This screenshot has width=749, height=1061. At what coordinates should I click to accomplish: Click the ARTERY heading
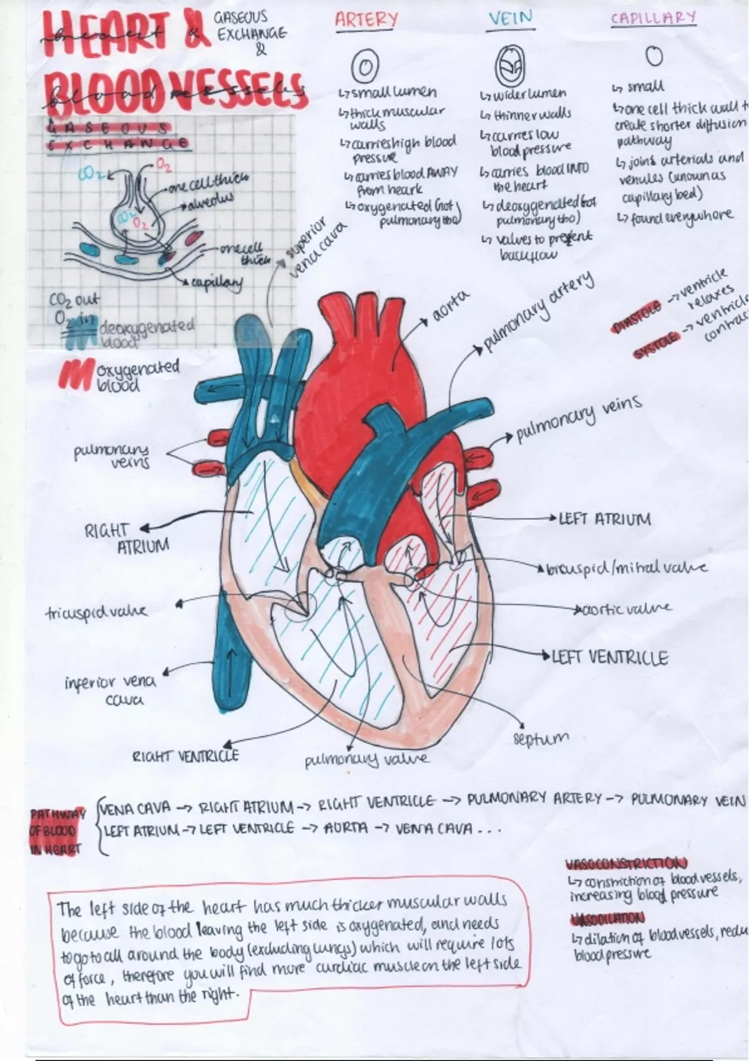click(366, 20)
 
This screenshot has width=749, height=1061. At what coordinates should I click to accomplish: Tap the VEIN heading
click(511, 19)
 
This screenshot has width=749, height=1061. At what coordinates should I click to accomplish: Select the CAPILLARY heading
click(653, 17)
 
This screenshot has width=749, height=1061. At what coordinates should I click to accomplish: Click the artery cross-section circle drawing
click(366, 64)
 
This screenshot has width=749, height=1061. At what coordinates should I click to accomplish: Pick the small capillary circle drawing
click(653, 57)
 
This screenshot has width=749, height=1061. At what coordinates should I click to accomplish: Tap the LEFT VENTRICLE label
click(610, 658)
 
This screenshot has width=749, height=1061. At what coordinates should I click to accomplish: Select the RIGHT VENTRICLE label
click(185, 756)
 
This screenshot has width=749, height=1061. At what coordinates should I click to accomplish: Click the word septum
click(541, 739)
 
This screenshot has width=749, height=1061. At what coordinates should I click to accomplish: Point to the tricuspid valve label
click(97, 612)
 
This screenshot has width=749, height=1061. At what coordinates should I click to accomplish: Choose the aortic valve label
click(625, 608)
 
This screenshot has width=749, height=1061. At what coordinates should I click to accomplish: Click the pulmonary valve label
click(366, 760)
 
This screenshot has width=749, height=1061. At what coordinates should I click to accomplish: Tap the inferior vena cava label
click(110, 691)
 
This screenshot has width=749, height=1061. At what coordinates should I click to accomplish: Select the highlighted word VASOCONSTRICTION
click(627, 864)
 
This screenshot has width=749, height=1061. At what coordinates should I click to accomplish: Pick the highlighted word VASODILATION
click(607, 919)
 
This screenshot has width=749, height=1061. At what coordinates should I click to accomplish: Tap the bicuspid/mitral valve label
click(627, 569)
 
